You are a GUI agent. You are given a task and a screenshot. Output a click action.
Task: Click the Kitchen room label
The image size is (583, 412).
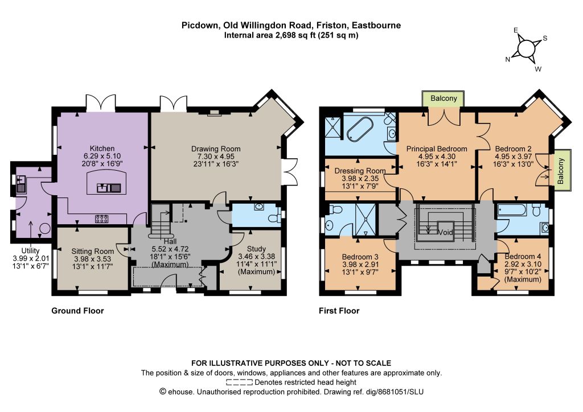[x=102, y=148]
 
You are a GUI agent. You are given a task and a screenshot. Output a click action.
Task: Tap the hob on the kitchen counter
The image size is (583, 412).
[x=101, y=219]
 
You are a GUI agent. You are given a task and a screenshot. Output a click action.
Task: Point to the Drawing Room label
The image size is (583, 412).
[x=216, y=149]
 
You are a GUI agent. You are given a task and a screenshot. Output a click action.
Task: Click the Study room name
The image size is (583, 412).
[x=257, y=249]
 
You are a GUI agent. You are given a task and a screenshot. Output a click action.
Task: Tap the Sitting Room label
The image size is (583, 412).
[x=93, y=252]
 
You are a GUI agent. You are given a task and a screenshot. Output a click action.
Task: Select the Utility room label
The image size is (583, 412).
[x=31, y=250]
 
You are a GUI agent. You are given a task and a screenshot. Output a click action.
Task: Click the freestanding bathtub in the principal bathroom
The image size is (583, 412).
[x=360, y=129]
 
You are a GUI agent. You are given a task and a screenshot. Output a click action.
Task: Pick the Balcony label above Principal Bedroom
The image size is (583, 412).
[x=444, y=98]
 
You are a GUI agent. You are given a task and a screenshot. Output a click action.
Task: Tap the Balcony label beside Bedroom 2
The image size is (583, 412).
[x=561, y=171]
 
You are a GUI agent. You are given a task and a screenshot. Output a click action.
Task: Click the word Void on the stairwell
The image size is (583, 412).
[x=445, y=233]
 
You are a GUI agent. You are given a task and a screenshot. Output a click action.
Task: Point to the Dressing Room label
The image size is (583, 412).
[x=360, y=171]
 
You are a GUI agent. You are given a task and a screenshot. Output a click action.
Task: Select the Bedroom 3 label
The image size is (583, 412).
[x=360, y=257]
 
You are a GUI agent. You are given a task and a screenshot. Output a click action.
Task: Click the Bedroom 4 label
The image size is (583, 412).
[x=523, y=256]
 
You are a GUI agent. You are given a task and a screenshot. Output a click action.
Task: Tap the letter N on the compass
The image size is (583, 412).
[x=507, y=59]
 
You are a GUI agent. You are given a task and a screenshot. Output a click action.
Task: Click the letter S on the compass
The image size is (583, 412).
[x=545, y=38]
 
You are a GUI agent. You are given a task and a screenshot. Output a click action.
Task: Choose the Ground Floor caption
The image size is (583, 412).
[x=77, y=311]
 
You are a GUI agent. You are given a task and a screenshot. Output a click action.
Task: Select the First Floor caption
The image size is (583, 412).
[x=339, y=311]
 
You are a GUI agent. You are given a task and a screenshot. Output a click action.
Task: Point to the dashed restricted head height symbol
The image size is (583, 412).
[x=239, y=382]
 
